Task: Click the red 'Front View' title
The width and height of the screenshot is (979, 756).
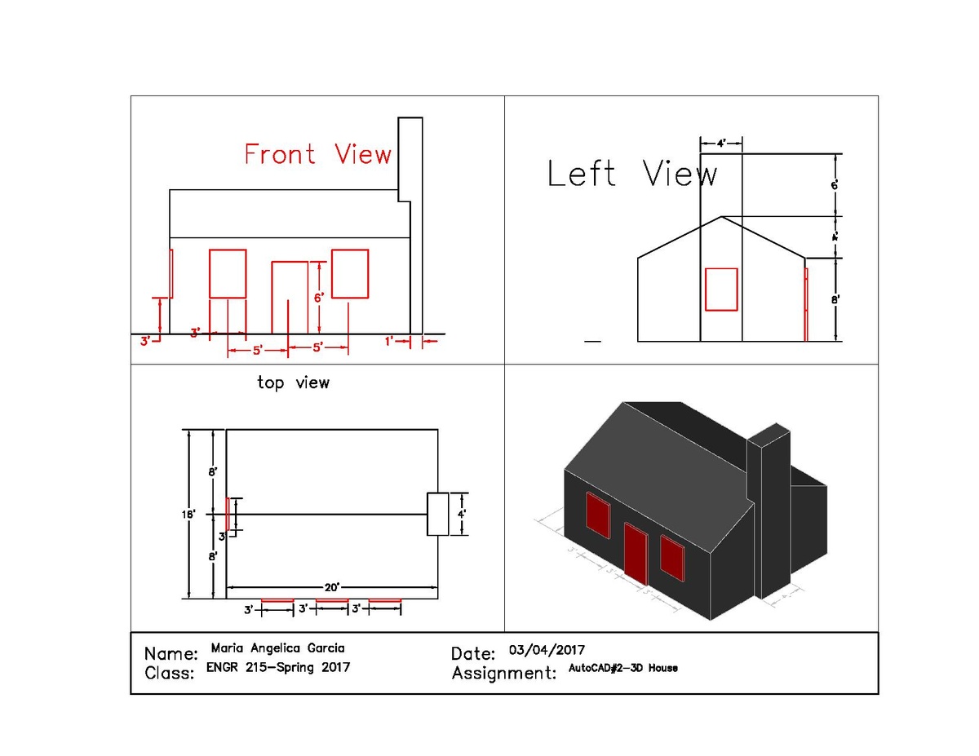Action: pos(317,154)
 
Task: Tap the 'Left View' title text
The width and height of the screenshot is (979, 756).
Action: pos(631,174)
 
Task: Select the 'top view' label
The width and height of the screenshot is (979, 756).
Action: pos(293,382)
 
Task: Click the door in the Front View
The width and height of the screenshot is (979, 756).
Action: pos(289,297)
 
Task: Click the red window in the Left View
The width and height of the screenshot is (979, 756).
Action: pos(720,289)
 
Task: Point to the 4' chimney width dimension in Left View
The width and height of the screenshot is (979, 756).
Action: pos(721,143)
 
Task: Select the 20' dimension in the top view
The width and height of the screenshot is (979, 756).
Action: pos(331,586)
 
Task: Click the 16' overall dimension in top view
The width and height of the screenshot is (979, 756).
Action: pos(188,514)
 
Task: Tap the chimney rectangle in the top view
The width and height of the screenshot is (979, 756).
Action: pos(438,514)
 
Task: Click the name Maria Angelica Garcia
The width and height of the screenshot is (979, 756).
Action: pos(277,648)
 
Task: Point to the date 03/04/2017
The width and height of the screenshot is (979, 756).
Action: pos(547,650)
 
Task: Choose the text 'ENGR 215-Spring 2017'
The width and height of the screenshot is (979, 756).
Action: pos(278,668)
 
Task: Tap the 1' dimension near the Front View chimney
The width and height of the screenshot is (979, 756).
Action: pos(390,342)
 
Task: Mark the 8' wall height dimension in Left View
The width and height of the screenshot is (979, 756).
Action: pos(835,299)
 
